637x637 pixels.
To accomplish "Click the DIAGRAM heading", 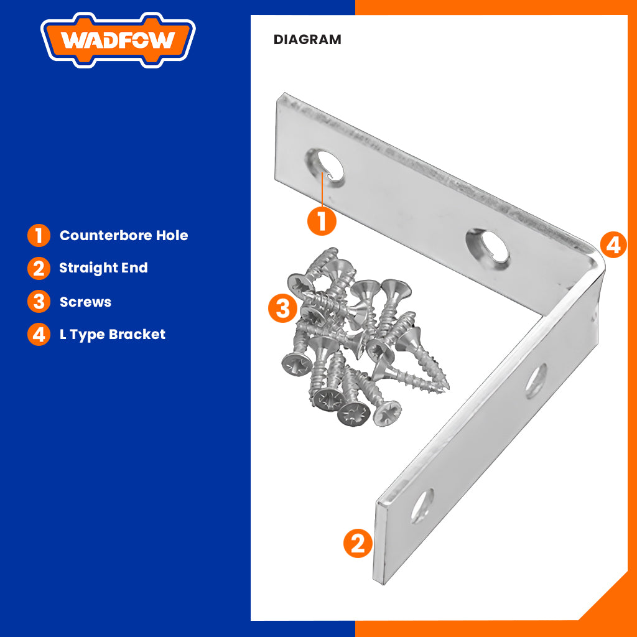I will (x=307, y=40).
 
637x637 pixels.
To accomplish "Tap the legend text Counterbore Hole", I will (x=124, y=236).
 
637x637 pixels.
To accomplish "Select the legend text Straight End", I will (x=103, y=268).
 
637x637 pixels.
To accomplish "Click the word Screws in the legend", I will (x=85, y=302).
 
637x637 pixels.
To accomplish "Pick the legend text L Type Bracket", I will (x=113, y=334).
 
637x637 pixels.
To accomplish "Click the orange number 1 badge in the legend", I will (x=39, y=236).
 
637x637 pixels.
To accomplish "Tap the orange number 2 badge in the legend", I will (x=39, y=269).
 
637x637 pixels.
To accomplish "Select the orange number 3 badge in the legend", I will (x=39, y=302).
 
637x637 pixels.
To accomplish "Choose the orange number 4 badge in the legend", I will (x=39, y=334).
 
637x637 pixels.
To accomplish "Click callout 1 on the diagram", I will (x=322, y=221).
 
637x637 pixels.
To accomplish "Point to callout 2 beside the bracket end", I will (x=358, y=543).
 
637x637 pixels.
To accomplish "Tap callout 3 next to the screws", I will (x=282, y=308).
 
